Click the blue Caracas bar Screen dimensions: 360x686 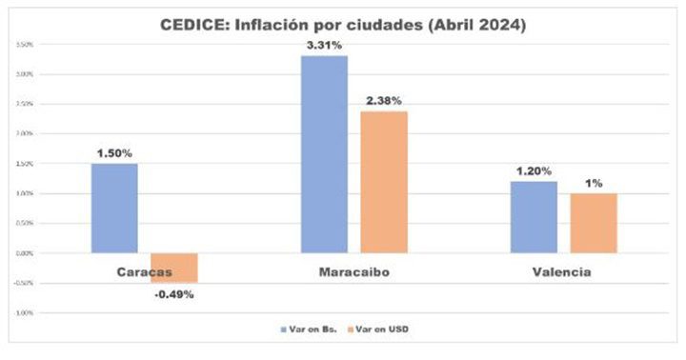(x=114, y=208)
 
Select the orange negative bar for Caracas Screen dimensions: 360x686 (x=174, y=268)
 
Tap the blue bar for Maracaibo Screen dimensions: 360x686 (x=324, y=153)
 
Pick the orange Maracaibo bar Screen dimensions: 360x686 (x=384, y=182)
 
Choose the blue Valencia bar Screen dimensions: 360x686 (x=534, y=217)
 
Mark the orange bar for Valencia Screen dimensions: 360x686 (x=594, y=223)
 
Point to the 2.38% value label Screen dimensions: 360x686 (x=383, y=99)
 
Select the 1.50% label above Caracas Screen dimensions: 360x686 (x=114, y=151)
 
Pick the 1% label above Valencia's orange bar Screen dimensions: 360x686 (x=594, y=182)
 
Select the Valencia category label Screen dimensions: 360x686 (x=562, y=272)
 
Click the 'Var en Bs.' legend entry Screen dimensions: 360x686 (x=310, y=329)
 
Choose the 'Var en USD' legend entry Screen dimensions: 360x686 (x=386, y=329)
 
